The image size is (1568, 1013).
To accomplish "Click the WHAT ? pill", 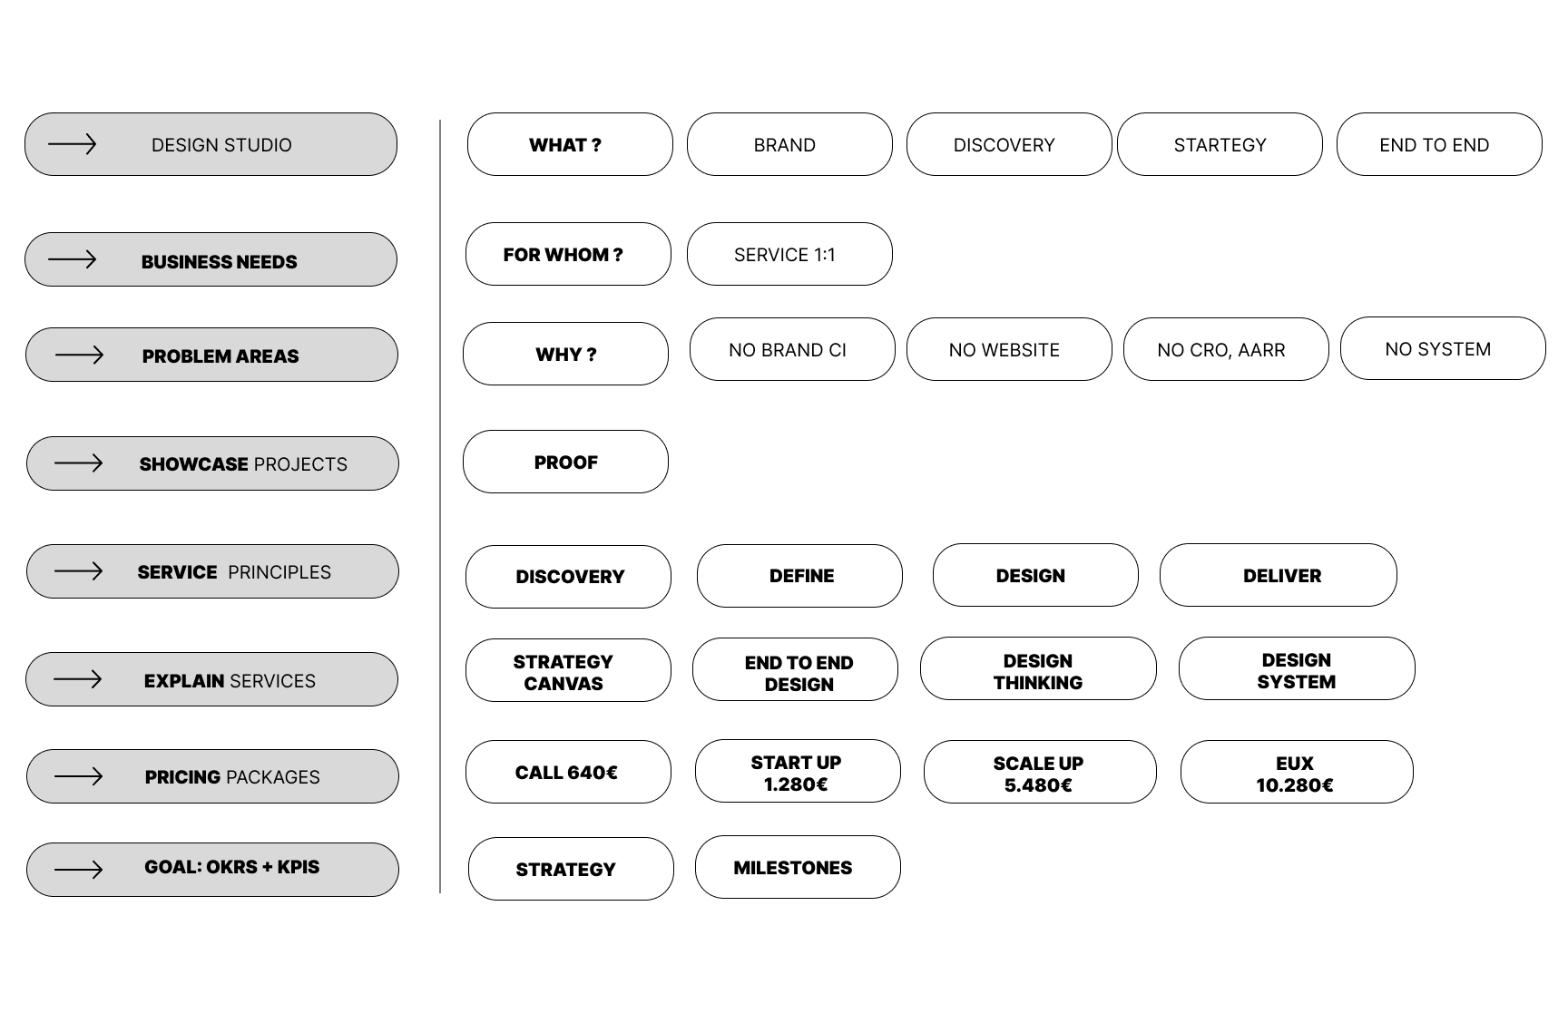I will click(x=570, y=145).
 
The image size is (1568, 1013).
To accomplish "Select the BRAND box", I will click(x=789, y=145).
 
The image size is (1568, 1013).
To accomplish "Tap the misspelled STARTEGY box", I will click(x=1220, y=145).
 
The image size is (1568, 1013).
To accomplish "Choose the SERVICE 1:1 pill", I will click(x=789, y=255).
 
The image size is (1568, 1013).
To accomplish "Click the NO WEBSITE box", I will click(x=1008, y=350).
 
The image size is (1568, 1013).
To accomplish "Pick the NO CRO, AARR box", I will click(x=1225, y=350).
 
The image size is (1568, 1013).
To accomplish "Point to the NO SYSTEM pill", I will click(x=1442, y=349).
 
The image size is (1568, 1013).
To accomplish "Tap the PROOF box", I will click(x=565, y=463).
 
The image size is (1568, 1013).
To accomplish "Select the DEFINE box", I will click(x=799, y=576).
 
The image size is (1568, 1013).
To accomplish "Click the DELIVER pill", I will click(x=1278, y=576).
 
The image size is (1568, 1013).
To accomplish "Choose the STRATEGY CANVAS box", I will click(x=568, y=671).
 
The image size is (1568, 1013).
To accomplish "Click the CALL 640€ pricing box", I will click(x=568, y=773).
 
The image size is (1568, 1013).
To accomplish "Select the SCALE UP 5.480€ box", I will click(x=1040, y=773).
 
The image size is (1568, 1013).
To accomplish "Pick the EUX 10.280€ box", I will click(x=1296, y=773).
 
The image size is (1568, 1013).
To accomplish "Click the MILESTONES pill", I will click(x=798, y=868).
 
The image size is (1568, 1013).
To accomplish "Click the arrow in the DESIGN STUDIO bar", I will click(x=72, y=144).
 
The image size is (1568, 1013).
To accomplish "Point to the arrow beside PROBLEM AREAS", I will click(x=79, y=355).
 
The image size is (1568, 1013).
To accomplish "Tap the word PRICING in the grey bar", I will click(x=182, y=777).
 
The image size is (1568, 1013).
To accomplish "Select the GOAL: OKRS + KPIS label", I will click(x=231, y=868).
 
